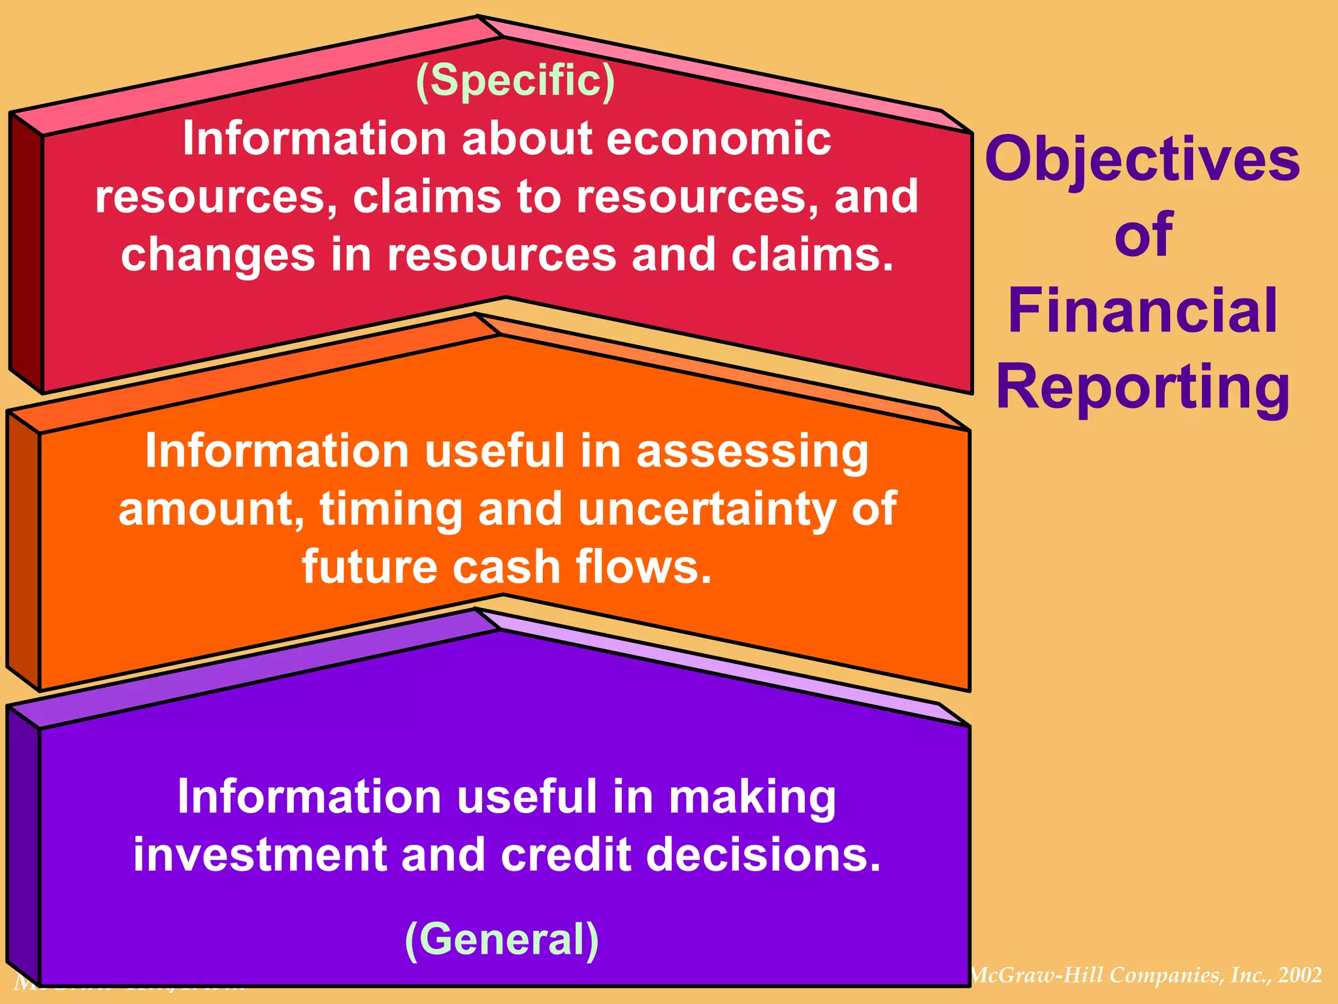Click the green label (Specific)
pyautogui.click(x=515, y=81)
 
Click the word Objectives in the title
pyautogui.click(x=1142, y=160)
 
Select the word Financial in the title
pyautogui.click(x=1143, y=311)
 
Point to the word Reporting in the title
pyautogui.click(x=1143, y=388)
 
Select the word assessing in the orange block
pyautogui.click(x=753, y=451)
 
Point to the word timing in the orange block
pyautogui.click(x=391, y=510)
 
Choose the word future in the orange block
pyautogui.click(x=368, y=566)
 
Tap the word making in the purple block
pyautogui.click(x=753, y=797)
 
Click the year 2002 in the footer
pyautogui.click(x=1300, y=975)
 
